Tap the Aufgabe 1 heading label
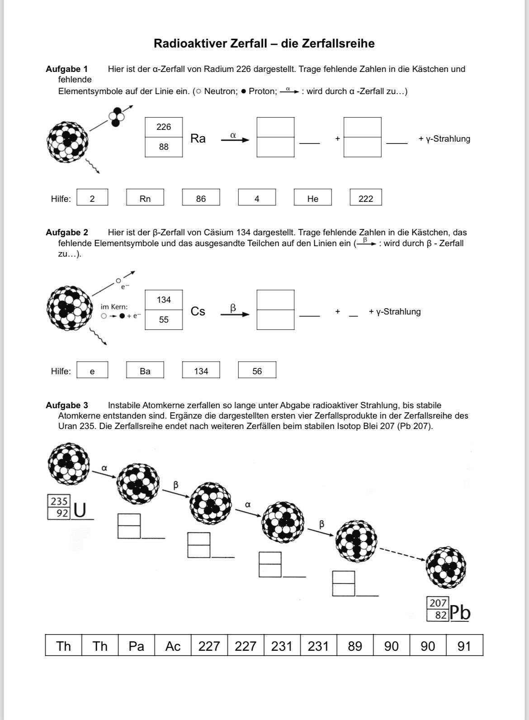pos(66,69)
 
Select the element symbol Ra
pos(198,138)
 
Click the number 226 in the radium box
pos(164,127)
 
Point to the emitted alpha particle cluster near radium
pos(116,116)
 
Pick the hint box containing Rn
pos(145,198)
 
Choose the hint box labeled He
pos(312,198)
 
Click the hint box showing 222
pos(366,198)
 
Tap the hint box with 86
pos(201,198)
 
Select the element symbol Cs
pos(198,311)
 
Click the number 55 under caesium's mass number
pos(164,320)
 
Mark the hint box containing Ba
pos(145,371)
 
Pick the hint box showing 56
pos(257,371)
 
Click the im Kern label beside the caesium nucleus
pos(114,307)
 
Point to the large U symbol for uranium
pos(80,510)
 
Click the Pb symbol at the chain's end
pos(460,613)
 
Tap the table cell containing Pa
pos(136,646)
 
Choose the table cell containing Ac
pos(173,646)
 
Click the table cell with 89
pos(355,646)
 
